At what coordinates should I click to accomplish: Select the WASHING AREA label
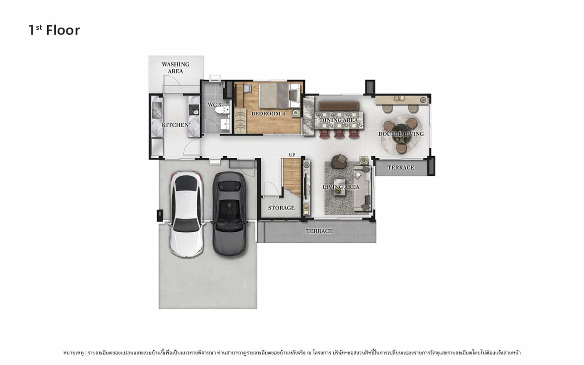[176, 68]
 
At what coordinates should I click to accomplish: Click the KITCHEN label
[175, 125]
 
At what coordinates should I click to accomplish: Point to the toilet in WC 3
[222, 110]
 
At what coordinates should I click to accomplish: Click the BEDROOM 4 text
[268, 114]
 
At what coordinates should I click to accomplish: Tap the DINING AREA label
[339, 120]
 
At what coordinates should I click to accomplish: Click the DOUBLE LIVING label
[401, 134]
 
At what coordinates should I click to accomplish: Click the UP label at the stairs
[292, 155]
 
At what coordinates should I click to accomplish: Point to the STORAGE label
[281, 208]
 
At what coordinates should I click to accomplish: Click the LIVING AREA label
[341, 187]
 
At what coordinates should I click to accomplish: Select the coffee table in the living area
[340, 187]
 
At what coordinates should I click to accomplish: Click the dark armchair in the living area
[339, 161]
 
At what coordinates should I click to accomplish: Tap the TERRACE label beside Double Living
[401, 168]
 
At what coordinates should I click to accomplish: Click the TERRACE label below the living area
[319, 231]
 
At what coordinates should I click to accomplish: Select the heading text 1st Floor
[54, 30]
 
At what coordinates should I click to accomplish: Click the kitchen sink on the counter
[157, 109]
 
